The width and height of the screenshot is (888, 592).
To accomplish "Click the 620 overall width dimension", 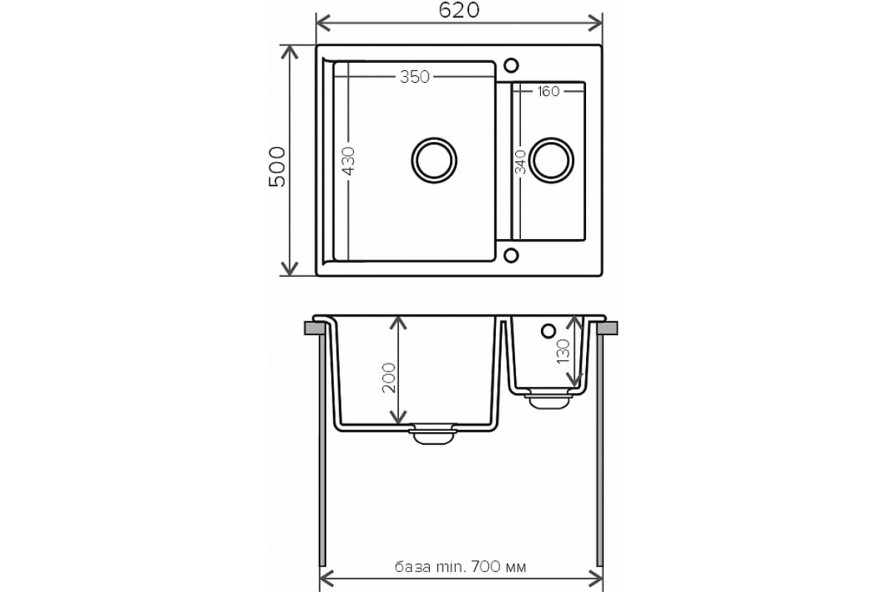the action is pyautogui.click(x=459, y=10).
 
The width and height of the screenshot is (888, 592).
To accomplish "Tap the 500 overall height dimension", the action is pyautogui.click(x=277, y=166).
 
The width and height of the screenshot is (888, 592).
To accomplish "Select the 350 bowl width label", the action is pyautogui.click(x=414, y=77).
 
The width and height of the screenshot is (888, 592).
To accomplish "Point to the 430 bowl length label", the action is pyautogui.click(x=349, y=161).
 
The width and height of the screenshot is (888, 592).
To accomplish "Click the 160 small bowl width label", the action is pyautogui.click(x=548, y=92).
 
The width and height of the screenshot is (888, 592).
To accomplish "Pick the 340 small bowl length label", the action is pyautogui.click(x=520, y=162).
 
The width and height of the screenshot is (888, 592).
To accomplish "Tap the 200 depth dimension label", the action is pyautogui.click(x=389, y=378).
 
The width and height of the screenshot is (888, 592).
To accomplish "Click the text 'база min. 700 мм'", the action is pyautogui.click(x=460, y=567).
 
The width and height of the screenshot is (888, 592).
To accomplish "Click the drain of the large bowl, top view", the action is pyautogui.click(x=434, y=160).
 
